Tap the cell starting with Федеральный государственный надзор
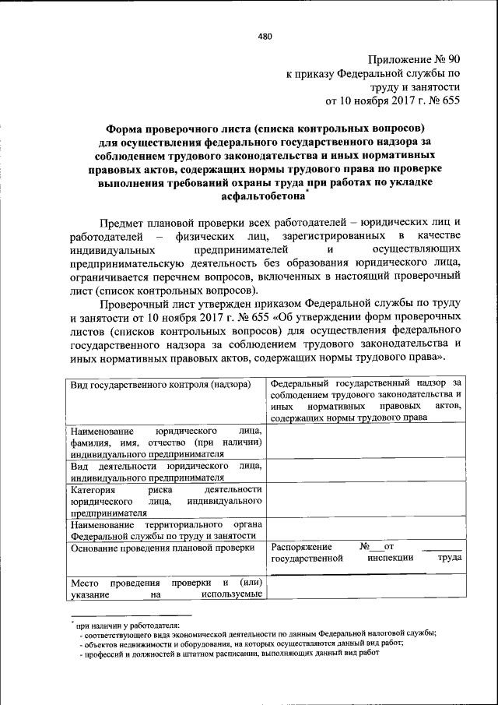pos(366,400)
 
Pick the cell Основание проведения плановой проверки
pos(162,549)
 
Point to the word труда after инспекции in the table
pos(449,559)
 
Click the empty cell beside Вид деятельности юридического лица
pos(366,471)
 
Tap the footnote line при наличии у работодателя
pos(128,625)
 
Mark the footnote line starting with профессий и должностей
pos(233,654)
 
